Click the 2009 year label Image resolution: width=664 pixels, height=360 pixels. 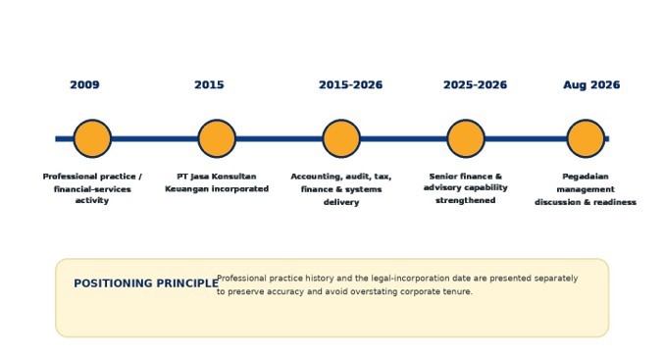point(84,85)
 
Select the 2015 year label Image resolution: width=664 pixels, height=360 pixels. point(209,85)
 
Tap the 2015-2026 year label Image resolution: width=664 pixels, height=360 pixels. point(350,85)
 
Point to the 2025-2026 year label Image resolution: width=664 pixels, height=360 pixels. point(475,85)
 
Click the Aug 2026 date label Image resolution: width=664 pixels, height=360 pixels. point(591,85)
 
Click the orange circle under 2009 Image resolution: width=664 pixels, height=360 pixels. point(92,138)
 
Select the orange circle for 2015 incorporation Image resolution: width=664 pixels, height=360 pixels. point(217,138)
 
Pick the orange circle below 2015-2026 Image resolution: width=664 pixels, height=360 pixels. point(341,138)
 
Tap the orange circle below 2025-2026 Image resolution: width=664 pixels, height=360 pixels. point(466,138)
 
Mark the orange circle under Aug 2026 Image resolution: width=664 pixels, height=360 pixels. point(586,138)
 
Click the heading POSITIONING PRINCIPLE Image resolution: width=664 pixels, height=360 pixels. point(146,283)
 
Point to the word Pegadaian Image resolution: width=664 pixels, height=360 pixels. point(586,177)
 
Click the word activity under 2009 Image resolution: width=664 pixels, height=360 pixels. point(92,200)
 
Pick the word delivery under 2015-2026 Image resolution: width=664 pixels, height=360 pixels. point(341,202)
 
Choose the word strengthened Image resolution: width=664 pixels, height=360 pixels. point(466,200)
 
